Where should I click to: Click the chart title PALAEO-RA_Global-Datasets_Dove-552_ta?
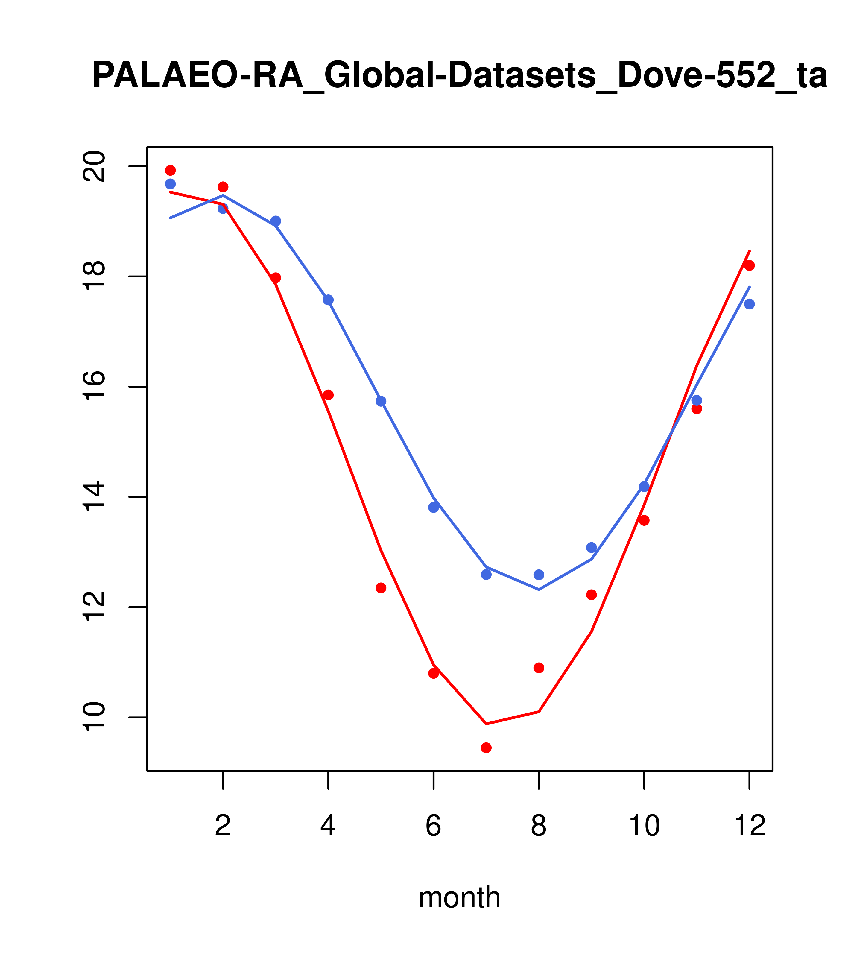[460, 76]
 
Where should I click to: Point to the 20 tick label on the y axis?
[95, 167]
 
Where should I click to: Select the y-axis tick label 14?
[95, 497]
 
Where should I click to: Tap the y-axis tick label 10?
[95, 717]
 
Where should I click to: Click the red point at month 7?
[486, 748]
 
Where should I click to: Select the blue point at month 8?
[539, 575]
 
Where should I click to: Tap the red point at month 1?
[170, 170]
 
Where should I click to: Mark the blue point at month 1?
[170, 184]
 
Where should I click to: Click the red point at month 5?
[381, 588]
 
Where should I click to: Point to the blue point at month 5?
[381, 401]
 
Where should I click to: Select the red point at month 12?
[750, 265]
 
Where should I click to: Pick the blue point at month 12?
[750, 304]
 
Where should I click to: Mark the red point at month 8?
[539, 668]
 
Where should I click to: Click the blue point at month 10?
[644, 487]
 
